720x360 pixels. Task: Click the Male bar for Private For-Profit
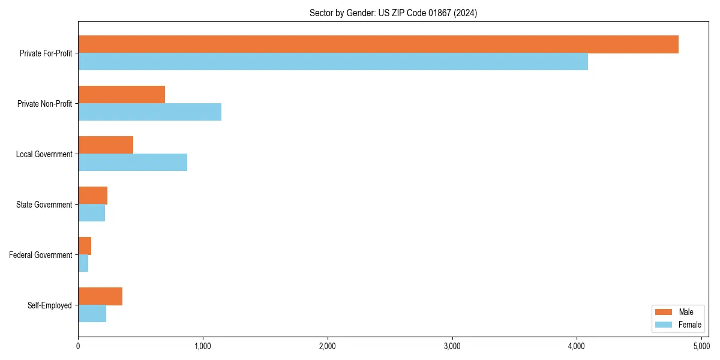coord(378,44)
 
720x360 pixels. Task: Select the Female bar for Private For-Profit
coord(333,62)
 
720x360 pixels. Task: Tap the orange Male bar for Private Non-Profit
coord(121,95)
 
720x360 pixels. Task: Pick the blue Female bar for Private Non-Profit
coord(149,112)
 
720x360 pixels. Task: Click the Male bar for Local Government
coord(106,145)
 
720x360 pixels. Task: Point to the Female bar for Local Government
coord(133,163)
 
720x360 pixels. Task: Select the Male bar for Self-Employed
coord(100,296)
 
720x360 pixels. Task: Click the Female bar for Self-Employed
coord(92,314)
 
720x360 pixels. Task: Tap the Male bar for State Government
coord(92,196)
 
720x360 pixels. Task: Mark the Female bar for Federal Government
coord(83,263)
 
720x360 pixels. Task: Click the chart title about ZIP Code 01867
coord(393,13)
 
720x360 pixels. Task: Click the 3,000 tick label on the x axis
coord(452,346)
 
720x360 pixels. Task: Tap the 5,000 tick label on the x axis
coord(701,346)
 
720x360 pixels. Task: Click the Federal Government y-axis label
coord(41,255)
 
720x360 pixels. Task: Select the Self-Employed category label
coord(50,305)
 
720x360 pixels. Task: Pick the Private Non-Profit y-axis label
coord(44,104)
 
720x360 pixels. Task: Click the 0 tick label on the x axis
coord(78,346)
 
